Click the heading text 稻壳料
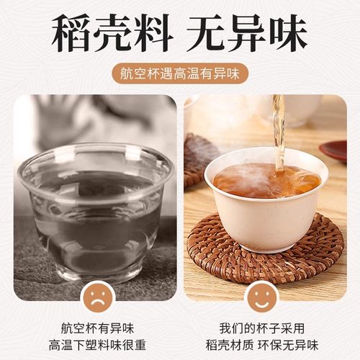[x=108, y=32]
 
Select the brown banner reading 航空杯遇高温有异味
[x=179, y=73]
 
